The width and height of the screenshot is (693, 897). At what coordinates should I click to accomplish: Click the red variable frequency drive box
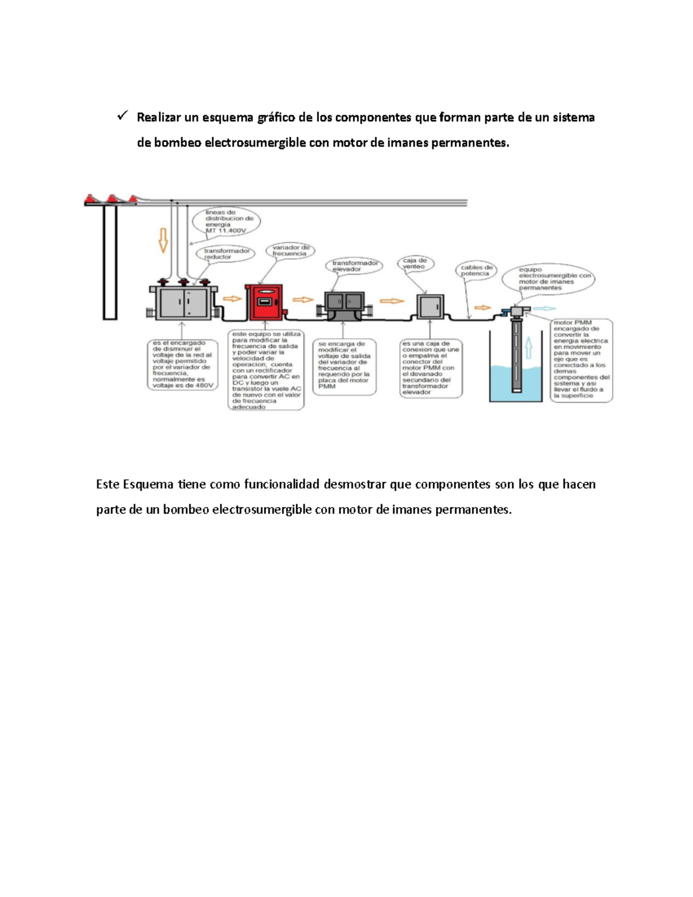(264, 302)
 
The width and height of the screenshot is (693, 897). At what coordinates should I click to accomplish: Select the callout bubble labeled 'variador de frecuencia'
(290, 251)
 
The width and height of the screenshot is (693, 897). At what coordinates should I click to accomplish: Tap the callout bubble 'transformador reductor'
(226, 254)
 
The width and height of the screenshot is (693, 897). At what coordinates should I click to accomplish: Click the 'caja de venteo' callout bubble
(415, 264)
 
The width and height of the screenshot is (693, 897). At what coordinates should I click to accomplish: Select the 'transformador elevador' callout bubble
(354, 266)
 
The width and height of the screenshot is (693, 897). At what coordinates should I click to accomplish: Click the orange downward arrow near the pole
(163, 240)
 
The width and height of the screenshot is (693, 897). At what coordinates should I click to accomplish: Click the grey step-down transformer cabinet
(184, 302)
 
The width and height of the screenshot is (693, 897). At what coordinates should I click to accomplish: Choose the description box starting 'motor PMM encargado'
(581, 359)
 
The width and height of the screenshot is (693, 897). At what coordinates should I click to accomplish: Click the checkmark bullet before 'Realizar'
(122, 117)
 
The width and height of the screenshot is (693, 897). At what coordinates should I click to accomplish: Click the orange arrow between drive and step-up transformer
(303, 300)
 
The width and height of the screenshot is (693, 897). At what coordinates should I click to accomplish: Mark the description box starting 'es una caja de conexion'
(431, 368)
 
